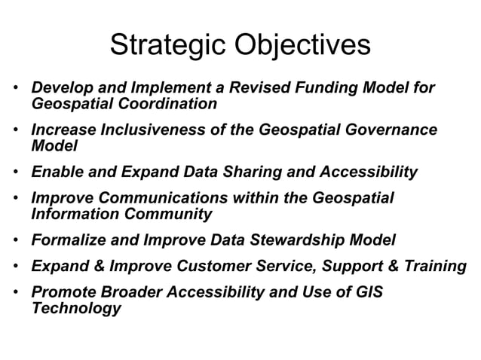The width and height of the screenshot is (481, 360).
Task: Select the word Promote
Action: point(63,293)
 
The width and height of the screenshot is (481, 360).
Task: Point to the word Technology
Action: point(75,308)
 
